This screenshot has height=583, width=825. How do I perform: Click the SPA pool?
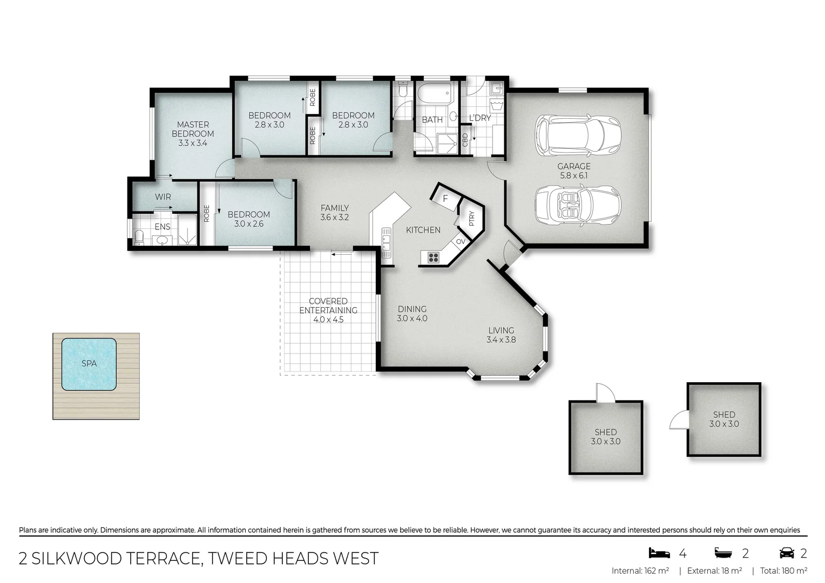click(x=89, y=364)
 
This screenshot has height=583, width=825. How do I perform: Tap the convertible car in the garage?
click(x=577, y=205)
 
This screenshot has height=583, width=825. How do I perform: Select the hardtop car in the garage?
click(x=577, y=134)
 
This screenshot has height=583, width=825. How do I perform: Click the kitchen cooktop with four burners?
click(x=433, y=257)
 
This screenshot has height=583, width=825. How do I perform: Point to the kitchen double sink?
click(x=386, y=243)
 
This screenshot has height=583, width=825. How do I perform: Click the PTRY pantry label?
click(x=471, y=218)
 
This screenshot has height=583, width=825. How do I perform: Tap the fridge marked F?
click(x=445, y=198)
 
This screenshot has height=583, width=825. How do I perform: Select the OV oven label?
click(x=460, y=241)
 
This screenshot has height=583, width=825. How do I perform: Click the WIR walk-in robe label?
click(x=163, y=197)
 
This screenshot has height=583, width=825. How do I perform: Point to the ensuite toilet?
click(x=139, y=238)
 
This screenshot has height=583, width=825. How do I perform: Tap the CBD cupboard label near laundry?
click(x=465, y=139)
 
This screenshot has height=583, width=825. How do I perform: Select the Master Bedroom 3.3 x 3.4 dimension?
click(x=193, y=143)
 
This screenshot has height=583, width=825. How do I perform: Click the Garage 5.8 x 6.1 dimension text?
click(x=574, y=175)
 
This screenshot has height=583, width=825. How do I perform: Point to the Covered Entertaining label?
click(x=328, y=306)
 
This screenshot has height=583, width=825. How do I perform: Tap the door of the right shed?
click(x=678, y=419)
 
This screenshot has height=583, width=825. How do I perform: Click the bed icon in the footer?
click(x=659, y=553)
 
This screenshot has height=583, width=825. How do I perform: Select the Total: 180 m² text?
click(x=783, y=571)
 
